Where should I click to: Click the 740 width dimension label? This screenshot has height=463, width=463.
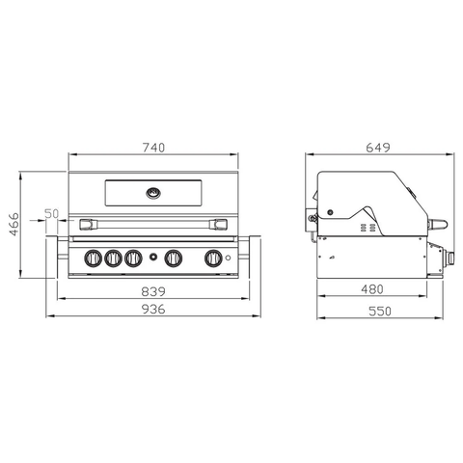point(153,148)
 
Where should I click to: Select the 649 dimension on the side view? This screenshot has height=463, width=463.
point(378,148)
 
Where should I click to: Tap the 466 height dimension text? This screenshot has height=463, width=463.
point(14,224)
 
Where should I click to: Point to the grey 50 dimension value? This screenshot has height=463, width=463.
point(52,214)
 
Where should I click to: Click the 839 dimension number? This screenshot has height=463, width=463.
point(153,291)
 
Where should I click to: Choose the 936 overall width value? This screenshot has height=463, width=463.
point(153,310)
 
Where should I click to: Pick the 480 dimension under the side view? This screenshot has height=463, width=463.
point(372,289)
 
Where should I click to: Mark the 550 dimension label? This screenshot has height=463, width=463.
point(380,312)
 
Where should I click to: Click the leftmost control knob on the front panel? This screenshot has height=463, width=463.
point(94,258)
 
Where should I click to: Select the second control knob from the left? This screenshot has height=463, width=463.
point(113,258)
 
